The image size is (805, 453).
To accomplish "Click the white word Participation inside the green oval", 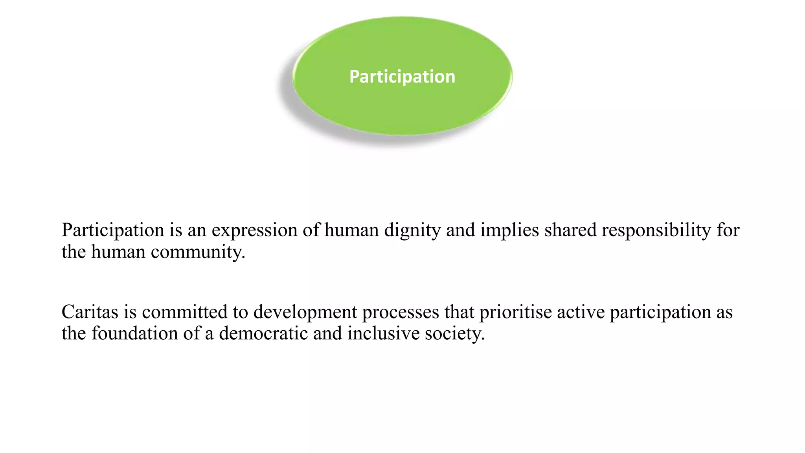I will (402, 77).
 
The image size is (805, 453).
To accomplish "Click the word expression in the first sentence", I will (254, 230).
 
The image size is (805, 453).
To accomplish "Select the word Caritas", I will (90, 312).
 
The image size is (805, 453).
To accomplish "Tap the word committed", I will (184, 312).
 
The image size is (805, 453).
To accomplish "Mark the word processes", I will (401, 313).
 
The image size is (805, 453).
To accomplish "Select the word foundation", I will (135, 333).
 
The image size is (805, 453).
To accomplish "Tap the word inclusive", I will (384, 333).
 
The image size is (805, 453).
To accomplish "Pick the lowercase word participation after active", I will (660, 313).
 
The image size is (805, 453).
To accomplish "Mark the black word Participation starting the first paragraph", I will (113, 230).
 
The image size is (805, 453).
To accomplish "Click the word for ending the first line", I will (728, 230).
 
